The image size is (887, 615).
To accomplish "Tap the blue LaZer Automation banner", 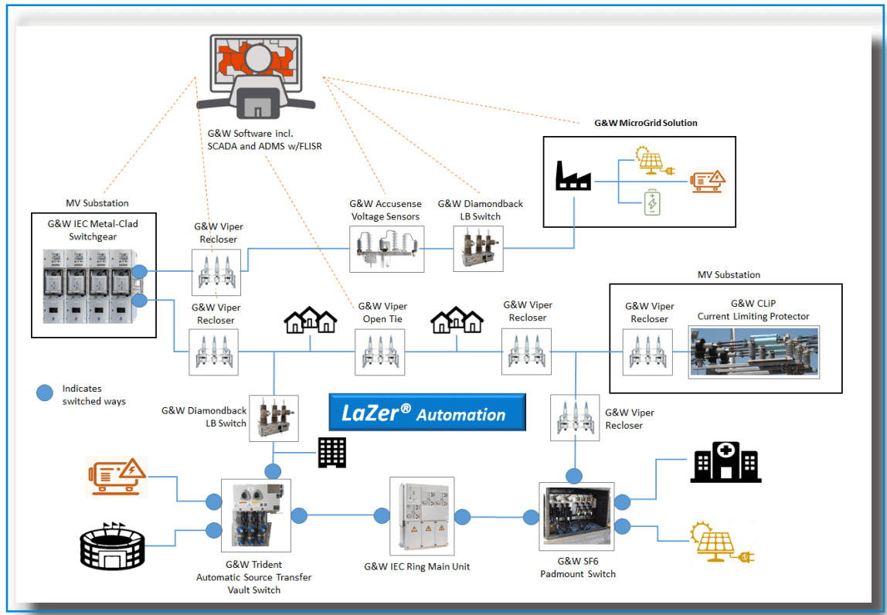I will pyautogui.click(x=427, y=413).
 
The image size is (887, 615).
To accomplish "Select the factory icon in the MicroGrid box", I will pyautogui.click(x=573, y=176).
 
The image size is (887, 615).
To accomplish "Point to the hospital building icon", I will pyautogui.click(x=726, y=464).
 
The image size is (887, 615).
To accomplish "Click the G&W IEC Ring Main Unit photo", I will pyautogui.click(x=422, y=517).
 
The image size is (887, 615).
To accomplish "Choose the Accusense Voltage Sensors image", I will pyautogui.click(x=386, y=248).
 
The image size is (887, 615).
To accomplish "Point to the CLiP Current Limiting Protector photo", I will pyautogui.click(x=753, y=352).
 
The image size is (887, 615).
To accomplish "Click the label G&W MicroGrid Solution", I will pyautogui.click(x=645, y=123).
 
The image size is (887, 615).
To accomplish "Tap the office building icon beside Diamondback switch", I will pyautogui.click(x=332, y=453).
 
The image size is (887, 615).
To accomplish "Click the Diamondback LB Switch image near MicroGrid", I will pyautogui.click(x=478, y=248).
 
